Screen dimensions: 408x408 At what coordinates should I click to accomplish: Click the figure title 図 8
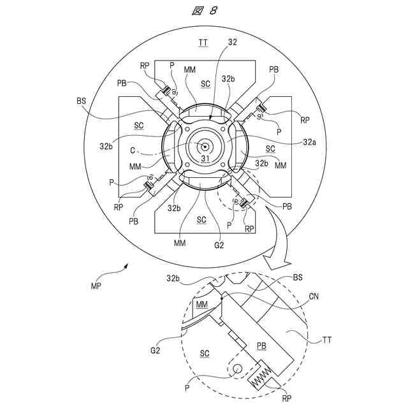(205, 11)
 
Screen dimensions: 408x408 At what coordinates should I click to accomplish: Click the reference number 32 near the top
(233, 43)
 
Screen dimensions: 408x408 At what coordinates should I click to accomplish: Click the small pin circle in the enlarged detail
(237, 368)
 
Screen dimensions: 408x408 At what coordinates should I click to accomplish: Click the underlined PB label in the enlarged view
(262, 346)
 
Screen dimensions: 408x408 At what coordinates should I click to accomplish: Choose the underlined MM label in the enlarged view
(201, 305)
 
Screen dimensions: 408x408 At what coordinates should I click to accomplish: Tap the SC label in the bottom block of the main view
(201, 220)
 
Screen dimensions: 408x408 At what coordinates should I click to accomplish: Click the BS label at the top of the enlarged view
(297, 279)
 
